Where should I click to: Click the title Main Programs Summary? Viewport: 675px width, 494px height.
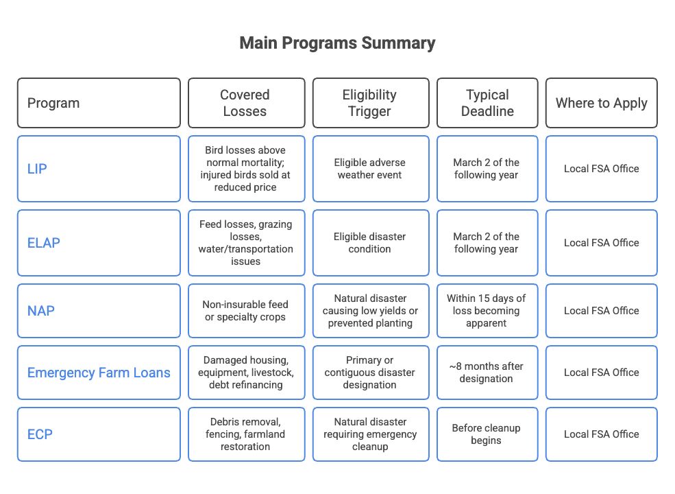click(x=337, y=43)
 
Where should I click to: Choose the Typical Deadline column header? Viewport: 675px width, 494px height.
click(x=487, y=103)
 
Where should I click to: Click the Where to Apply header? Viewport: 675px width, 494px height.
click(x=602, y=103)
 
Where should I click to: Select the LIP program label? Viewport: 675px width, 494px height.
click(x=37, y=169)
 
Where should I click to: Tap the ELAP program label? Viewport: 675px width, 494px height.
click(x=43, y=243)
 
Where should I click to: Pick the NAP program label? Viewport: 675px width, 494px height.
click(x=41, y=310)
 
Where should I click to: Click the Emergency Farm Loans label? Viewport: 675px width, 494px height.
click(x=99, y=373)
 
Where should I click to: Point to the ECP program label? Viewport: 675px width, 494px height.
click(x=40, y=434)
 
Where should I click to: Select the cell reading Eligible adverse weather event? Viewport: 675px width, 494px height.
click(x=370, y=169)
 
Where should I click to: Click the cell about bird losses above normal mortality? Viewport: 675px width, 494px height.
click(x=245, y=169)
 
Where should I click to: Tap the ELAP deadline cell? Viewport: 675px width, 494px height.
click(x=487, y=243)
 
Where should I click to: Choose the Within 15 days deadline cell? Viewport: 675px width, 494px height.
click(x=487, y=310)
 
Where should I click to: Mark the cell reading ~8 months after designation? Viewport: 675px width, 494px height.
click(x=487, y=373)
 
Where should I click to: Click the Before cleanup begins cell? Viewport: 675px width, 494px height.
click(x=487, y=434)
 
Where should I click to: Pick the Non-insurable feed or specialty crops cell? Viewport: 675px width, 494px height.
click(x=245, y=310)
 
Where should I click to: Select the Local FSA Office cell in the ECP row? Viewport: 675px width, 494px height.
click(x=602, y=434)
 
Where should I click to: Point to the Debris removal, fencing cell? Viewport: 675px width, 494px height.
click(x=245, y=434)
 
